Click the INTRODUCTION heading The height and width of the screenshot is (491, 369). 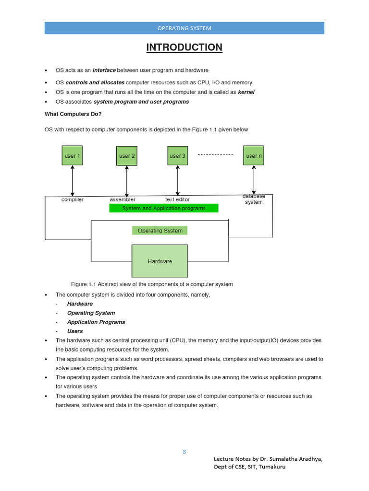click(184, 47)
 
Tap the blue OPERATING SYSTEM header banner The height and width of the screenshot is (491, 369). click(184, 28)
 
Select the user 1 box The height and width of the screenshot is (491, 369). click(73, 156)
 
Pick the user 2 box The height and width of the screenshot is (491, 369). click(127, 156)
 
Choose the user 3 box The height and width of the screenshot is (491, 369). click(177, 156)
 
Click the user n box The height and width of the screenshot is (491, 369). click(254, 156)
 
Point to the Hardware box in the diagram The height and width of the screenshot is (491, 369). click(160, 261)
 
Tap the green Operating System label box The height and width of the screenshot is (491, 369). click(160, 231)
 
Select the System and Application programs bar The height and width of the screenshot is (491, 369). click(164, 208)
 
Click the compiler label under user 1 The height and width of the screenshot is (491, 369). click(73, 199)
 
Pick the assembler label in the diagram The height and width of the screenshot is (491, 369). click(123, 199)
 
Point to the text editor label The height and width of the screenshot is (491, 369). click(177, 199)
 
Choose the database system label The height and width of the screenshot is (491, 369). click(254, 199)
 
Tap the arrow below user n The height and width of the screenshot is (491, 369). click(254, 179)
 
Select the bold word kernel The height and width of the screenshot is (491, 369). click(246, 92)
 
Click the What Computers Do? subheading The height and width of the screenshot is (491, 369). click(73, 114)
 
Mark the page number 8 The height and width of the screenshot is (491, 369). click(184, 452)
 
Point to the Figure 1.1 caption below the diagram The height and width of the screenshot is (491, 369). click(152, 284)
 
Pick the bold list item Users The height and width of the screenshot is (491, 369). click(75, 331)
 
